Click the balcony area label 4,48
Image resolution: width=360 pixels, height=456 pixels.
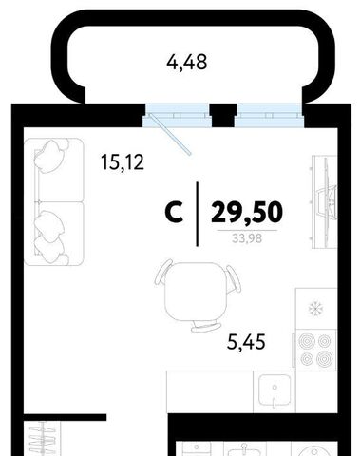click(187, 63)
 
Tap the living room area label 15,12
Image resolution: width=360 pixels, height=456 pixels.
click(123, 162)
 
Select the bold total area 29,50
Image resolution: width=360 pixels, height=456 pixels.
click(247, 213)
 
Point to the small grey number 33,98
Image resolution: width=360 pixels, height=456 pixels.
click(247, 237)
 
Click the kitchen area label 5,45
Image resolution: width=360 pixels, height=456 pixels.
click(246, 342)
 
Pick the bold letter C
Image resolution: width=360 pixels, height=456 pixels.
click(174, 213)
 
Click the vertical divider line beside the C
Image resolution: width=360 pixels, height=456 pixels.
click(198, 214)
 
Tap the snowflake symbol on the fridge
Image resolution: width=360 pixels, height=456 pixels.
click(315, 309)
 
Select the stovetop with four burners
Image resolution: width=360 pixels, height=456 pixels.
click(315, 350)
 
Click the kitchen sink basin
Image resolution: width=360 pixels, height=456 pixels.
click(275, 390)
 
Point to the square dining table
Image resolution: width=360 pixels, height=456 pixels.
click(197, 292)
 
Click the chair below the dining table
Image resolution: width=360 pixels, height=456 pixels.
click(206, 327)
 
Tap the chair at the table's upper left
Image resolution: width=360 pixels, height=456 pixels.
click(162, 273)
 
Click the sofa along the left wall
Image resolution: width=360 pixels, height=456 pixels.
click(54, 201)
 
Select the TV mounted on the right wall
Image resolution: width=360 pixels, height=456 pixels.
click(326, 201)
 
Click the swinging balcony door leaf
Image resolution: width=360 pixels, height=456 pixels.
click(170, 134)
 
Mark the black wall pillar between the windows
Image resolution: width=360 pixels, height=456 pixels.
click(224, 116)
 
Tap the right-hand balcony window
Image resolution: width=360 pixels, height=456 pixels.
click(269, 116)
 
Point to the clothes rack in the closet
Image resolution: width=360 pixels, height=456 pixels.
click(43, 439)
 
